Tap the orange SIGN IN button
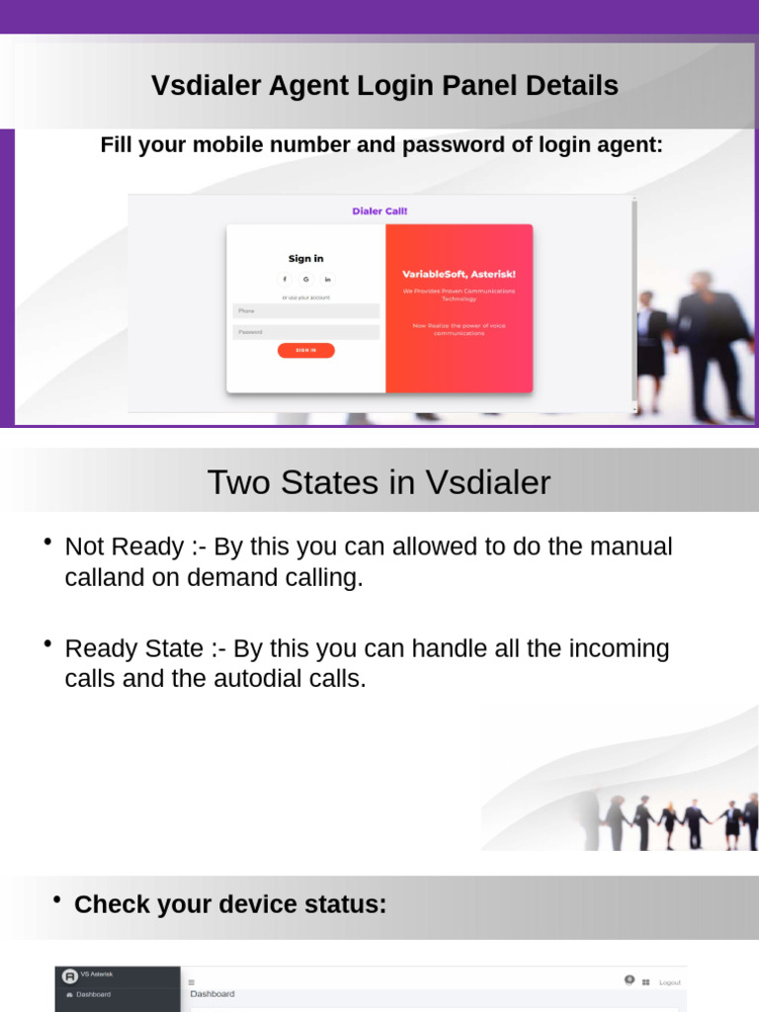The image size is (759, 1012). click(x=305, y=350)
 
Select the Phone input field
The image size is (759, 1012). click(x=305, y=310)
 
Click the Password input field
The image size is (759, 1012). click(x=305, y=332)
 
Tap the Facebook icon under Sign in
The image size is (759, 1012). click(x=285, y=279)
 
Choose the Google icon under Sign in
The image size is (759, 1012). click(x=306, y=279)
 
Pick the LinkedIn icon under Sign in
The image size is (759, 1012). click(x=327, y=279)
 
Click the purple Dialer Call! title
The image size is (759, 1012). click(x=379, y=211)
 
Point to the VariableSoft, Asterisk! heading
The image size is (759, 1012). click(x=459, y=274)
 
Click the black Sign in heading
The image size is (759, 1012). click(x=305, y=259)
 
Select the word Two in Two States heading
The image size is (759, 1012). click(x=237, y=482)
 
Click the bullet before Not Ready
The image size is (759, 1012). click(x=47, y=542)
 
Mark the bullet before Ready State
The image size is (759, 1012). click(x=47, y=643)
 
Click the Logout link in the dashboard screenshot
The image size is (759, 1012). click(x=670, y=982)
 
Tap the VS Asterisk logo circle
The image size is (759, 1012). click(x=69, y=975)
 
